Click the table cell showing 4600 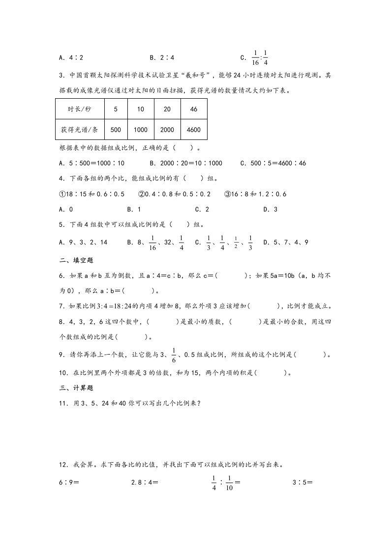(194, 130)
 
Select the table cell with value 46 (194, 109)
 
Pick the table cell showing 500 (116, 130)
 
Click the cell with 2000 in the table (167, 130)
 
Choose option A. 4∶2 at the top (71, 57)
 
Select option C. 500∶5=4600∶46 (273, 163)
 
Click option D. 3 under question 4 (270, 209)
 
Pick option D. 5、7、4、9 (286, 242)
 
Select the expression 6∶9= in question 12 (69, 482)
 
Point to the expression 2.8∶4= (145, 482)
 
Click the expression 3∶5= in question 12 (303, 482)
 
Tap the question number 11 (62, 404)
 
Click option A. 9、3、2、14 (83, 242)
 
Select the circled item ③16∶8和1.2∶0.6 (255, 194)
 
